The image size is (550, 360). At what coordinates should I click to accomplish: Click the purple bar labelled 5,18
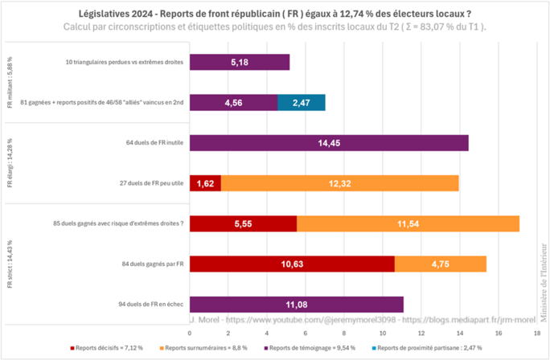pyautogui.click(x=239, y=62)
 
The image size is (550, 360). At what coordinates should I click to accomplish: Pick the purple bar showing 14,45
pyautogui.click(x=329, y=143)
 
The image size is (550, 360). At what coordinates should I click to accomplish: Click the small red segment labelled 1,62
pyautogui.click(x=205, y=183)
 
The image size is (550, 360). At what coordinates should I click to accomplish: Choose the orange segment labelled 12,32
pyautogui.click(x=339, y=183)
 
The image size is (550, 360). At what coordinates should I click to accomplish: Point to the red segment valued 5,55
pyautogui.click(x=243, y=223)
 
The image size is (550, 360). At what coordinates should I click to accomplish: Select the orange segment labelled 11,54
pyautogui.click(x=408, y=223)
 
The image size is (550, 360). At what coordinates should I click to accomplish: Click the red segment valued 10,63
pyautogui.click(x=292, y=263)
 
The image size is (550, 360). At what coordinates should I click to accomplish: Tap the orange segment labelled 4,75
pyautogui.click(x=441, y=263)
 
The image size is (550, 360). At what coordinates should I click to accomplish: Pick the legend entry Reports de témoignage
pyautogui.click(x=302, y=348)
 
